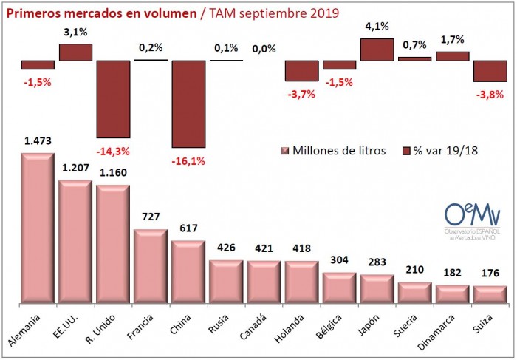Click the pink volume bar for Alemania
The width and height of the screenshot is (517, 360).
(x=38, y=228)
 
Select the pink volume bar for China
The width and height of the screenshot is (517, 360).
(x=188, y=272)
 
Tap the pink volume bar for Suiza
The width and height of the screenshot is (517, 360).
(x=490, y=294)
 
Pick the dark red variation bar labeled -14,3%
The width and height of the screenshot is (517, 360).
(x=113, y=99)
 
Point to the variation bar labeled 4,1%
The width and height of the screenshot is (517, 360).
(x=377, y=50)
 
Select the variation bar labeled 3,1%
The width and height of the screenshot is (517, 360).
(x=75, y=52)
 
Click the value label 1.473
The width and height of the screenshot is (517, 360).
(x=38, y=140)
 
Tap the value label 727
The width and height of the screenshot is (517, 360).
(x=151, y=217)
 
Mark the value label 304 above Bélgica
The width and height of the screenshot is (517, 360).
(x=339, y=261)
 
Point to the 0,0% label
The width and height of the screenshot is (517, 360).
(x=264, y=50)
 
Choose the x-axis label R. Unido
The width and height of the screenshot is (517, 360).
(x=109, y=325)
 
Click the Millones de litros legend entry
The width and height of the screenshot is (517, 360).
(x=332, y=152)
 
